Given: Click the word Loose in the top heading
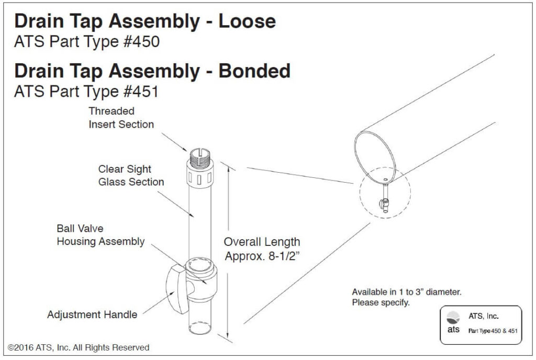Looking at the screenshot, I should pyautogui.click(x=247, y=21).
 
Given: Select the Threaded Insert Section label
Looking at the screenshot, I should pyautogui.click(x=121, y=118).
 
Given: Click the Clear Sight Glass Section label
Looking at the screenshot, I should pyautogui.click(x=131, y=176).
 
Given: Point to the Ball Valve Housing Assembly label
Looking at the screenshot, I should pyautogui.click(x=100, y=235).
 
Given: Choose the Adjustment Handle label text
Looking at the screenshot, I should pyautogui.click(x=92, y=314).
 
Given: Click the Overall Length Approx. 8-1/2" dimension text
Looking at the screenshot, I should pyautogui.click(x=262, y=249).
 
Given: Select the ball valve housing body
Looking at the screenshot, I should pyautogui.click(x=202, y=283).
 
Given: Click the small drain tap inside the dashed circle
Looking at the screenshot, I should pyautogui.click(x=385, y=202).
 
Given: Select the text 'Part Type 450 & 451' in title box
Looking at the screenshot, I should pyautogui.click(x=493, y=331).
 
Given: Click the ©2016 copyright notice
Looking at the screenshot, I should pyautogui.click(x=79, y=347).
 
